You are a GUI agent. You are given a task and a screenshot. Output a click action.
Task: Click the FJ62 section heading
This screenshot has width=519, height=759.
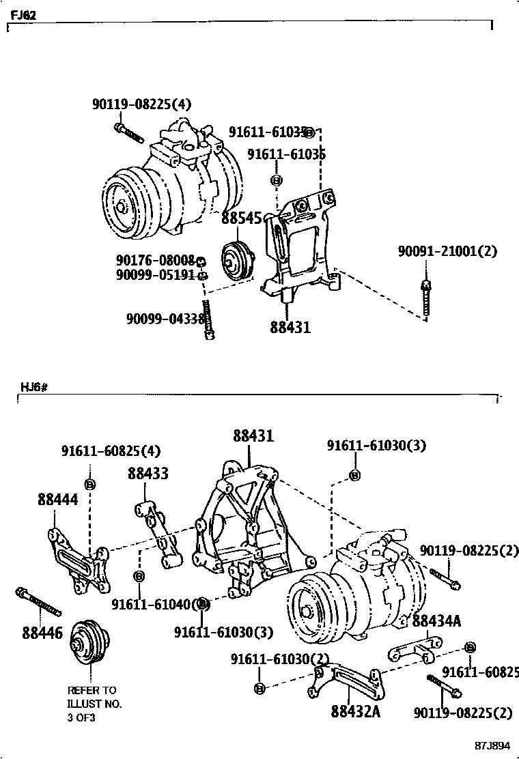[23, 14]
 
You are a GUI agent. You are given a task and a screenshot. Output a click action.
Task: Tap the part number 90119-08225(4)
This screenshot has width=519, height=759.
[141, 104]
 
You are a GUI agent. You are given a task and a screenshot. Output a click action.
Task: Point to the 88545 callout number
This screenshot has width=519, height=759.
[241, 218]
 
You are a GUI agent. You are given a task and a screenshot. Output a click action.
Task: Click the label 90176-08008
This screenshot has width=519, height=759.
[156, 260]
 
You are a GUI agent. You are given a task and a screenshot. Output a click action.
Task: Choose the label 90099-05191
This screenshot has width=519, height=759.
[156, 274]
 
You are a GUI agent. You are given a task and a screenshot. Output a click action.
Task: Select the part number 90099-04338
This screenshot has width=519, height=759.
[165, 319]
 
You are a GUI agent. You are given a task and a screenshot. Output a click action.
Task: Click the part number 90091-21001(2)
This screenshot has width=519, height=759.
[447, 251]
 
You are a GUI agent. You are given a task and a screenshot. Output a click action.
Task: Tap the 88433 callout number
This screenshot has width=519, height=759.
[148, 473]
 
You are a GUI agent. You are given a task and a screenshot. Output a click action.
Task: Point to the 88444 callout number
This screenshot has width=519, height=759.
[57, 500]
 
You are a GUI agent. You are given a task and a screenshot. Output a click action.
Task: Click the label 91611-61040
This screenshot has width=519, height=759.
[152, 604]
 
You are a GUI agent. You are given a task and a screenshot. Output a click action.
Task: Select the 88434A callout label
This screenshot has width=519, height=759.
[436, 620]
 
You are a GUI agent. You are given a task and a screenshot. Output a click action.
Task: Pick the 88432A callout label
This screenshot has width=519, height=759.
[355, 712]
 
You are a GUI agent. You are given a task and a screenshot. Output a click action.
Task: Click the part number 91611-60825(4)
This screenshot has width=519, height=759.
[111, 451]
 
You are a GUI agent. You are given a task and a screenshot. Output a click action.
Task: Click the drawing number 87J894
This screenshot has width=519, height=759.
[493, 745]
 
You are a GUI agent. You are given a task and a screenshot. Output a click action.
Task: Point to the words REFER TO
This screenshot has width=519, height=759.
[92, 690]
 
